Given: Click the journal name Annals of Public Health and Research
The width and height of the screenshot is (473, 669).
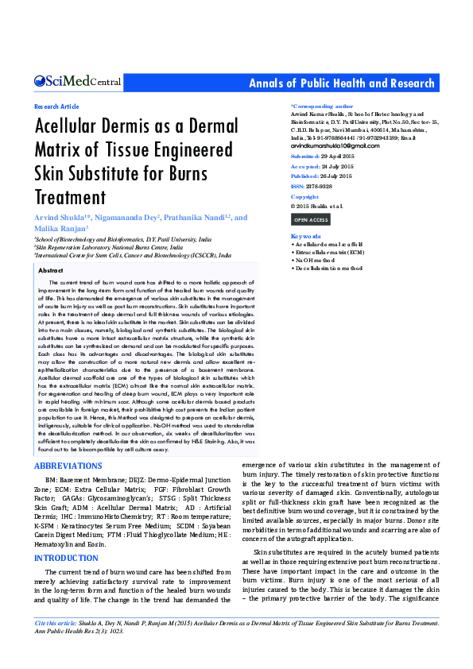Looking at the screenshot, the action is (x=342, y=83).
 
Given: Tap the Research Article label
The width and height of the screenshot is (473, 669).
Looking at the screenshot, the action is (x=56, y=106).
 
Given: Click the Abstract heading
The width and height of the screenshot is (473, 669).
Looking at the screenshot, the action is (x=51, y=271).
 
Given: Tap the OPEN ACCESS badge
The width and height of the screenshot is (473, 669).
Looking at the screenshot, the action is (x=310, y=219).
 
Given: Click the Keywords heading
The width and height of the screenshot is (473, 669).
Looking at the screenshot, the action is (x=306, y=237).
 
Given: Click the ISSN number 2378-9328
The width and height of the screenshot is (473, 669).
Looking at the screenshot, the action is (x=320, y=186).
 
